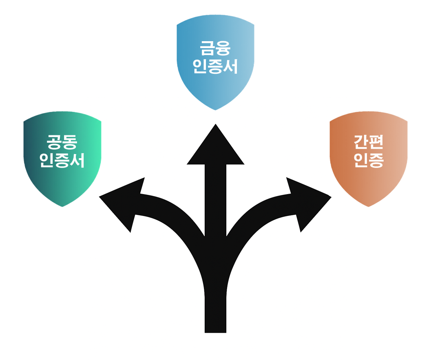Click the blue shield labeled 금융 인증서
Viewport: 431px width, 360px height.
pos(215,86)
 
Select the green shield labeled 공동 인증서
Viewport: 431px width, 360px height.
pos(62,179)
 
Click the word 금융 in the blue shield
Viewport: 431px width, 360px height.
pos(215,49)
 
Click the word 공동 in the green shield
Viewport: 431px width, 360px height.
pos(62,143)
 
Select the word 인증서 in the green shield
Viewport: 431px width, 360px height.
pos(62,161)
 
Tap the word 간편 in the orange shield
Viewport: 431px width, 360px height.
pos(369,143)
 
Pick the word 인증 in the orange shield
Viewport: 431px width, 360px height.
pos(369,161)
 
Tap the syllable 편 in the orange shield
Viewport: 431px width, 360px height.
pos(376,143)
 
